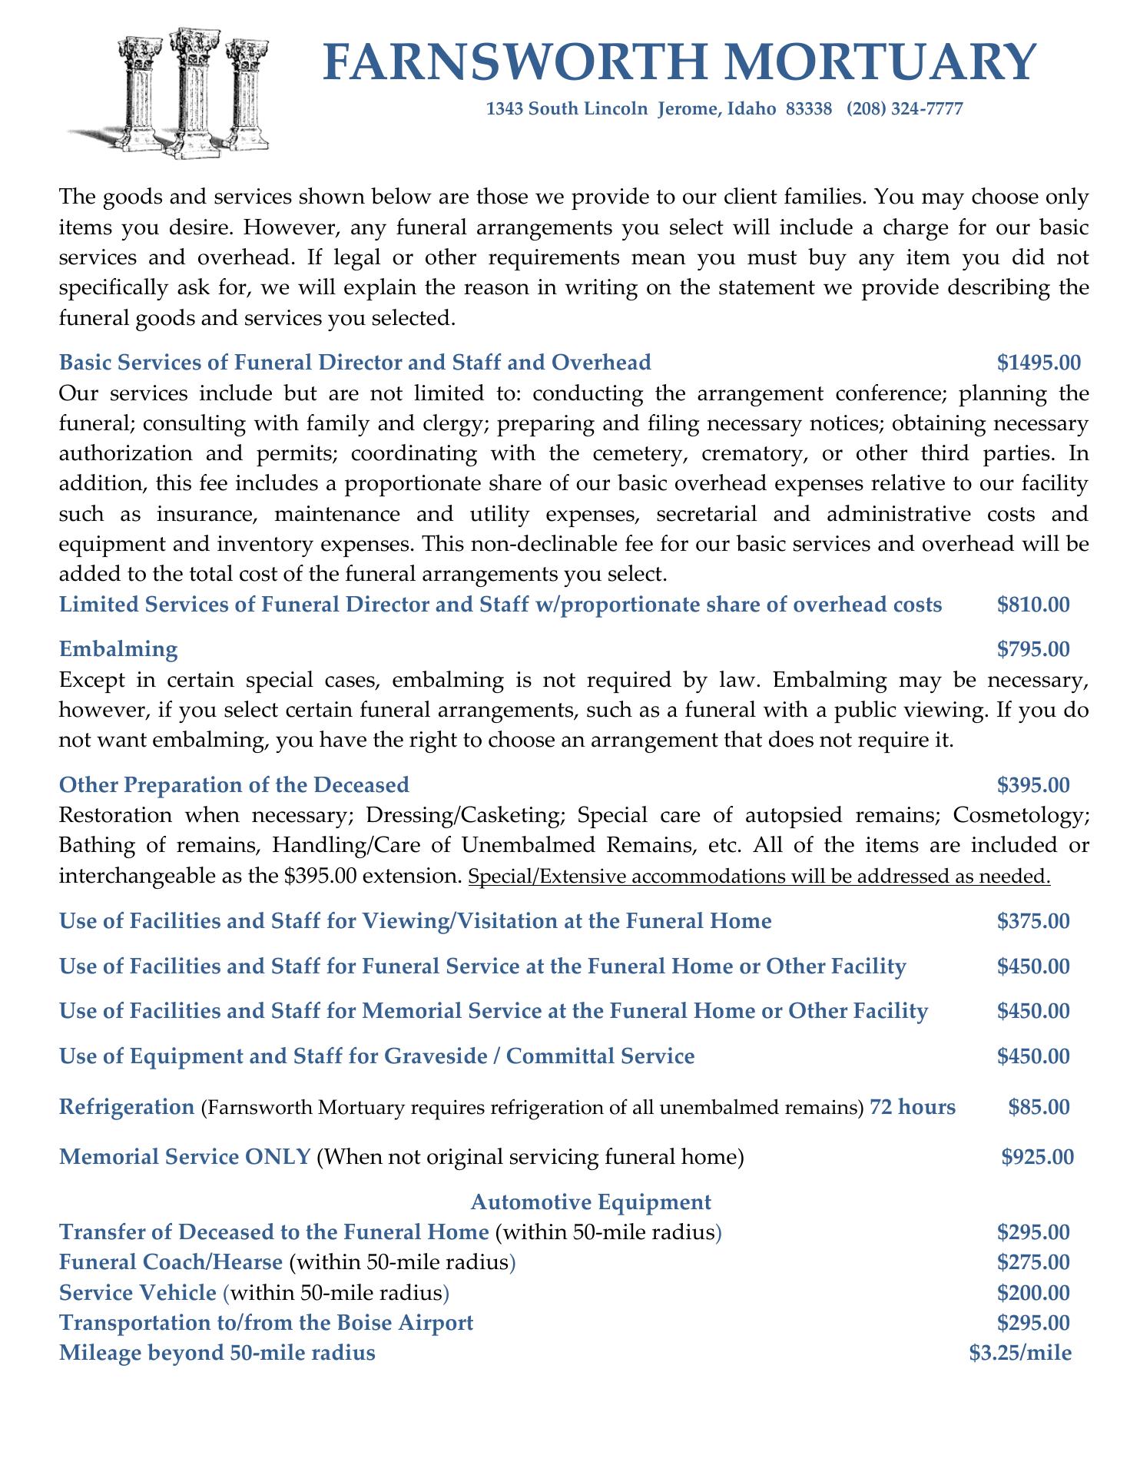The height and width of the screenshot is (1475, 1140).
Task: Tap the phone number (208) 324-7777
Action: [904, 109]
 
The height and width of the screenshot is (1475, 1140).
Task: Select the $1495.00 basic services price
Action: [1039, 362]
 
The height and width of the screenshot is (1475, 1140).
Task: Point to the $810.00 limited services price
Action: [1032, 605]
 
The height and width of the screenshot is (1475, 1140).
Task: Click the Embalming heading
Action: [118, 649]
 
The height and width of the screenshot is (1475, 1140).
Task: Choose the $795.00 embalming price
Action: [1032, 649]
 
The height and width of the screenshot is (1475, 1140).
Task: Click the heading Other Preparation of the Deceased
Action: [234, 784]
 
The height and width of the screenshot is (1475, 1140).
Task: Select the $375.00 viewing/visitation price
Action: [1032, 920]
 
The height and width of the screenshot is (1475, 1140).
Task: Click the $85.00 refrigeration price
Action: [1038, 1107]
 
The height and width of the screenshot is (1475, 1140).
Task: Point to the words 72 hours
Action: [913, 1107]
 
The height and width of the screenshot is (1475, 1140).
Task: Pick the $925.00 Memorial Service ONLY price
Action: [1037, 1156]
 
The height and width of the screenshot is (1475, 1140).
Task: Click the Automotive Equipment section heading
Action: [591, 1202]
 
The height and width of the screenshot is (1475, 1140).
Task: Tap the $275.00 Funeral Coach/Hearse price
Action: [1032, 1262]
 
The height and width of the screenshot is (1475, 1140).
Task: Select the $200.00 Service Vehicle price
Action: [1032, 1292]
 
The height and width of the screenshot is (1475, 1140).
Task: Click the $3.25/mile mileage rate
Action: [1020, 1353]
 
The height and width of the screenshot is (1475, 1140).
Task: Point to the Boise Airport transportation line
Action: [266, 1323]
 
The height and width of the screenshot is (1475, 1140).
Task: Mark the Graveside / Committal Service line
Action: [376, 1056]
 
